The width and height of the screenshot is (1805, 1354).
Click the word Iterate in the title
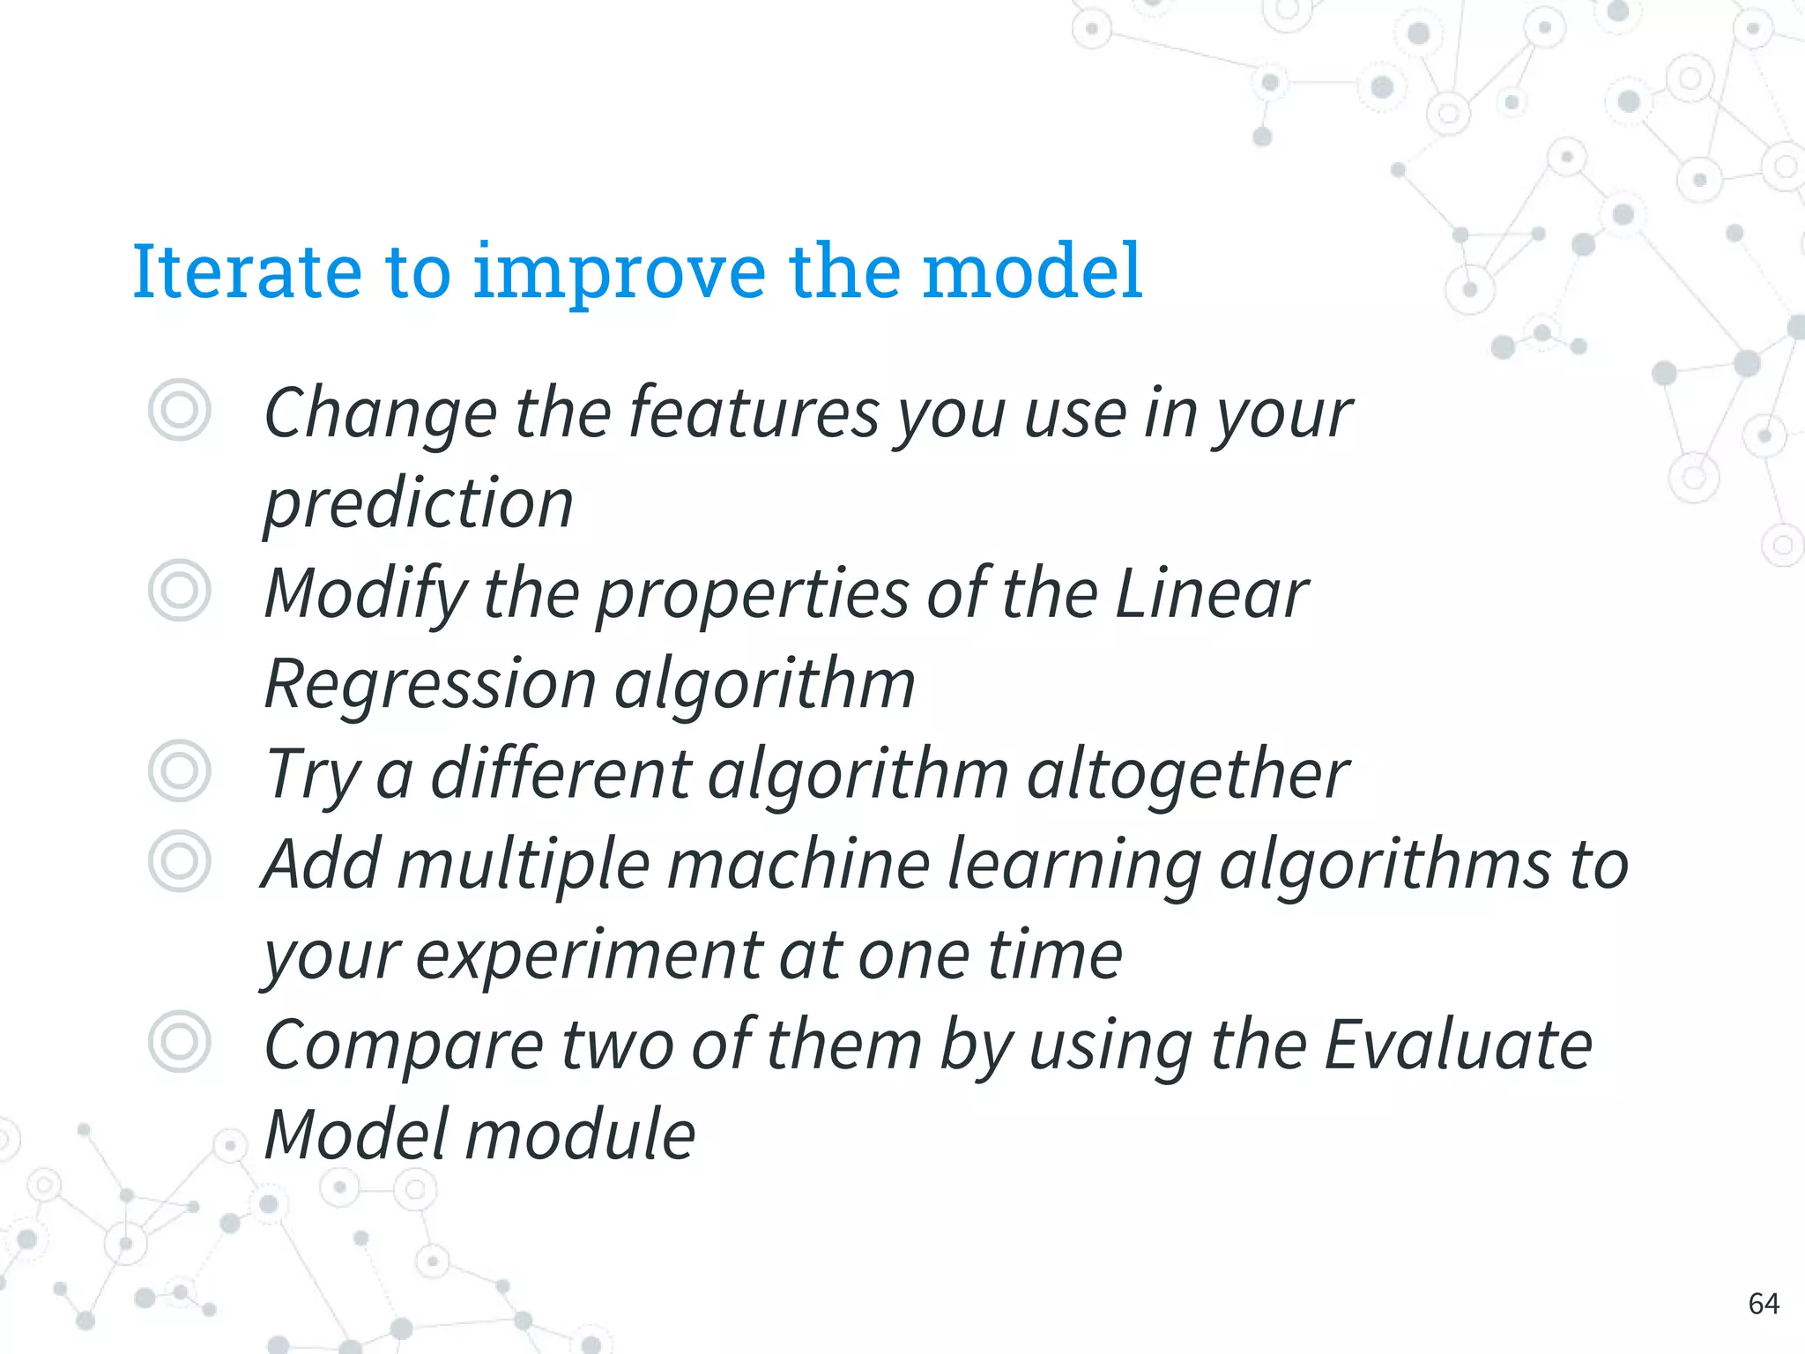pyautogui.click(x=247, y=271)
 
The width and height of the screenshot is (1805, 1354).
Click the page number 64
pyautogui.click(x=1763, y=1303)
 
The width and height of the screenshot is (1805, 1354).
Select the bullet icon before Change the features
pyautogui.click(x=180, y=410)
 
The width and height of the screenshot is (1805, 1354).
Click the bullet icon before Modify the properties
pyautogui.click(x=180, y=590)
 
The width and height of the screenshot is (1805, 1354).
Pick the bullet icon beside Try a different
pyautogui.click(x=180, y=770)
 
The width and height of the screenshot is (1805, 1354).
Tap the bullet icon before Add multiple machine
pyautogui.click(x=180, y=860)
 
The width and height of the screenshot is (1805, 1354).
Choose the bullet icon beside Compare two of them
pyautogui.click(x=180, y=1041)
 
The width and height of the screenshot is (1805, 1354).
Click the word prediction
pyautogui.click(x=419, y=505)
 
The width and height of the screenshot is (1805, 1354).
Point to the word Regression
pyautogui.click(x=430, y=685)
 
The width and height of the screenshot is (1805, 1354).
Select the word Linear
pyautogui.click(x=1212, y=593)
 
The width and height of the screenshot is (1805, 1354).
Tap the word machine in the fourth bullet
pyautogui.click(x=799, y=865)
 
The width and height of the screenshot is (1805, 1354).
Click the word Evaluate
pyautogui.click(x=1458, y=1045)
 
